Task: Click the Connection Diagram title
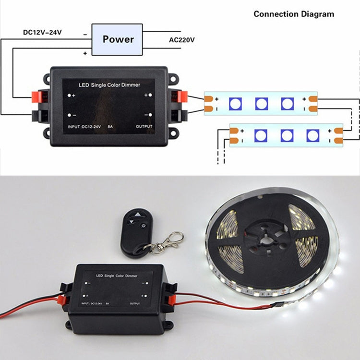point(294,14)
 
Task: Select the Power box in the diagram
point(118,39)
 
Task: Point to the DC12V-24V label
point(43,33)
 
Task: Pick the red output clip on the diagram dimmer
point(181,96)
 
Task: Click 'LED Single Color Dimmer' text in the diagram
point(109,85)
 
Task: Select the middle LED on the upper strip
point(261,103)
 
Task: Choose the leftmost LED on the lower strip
point(260,135)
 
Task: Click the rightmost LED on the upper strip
point(287,103)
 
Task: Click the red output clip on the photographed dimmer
point(171,300)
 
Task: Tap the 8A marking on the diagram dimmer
point(110,127)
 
